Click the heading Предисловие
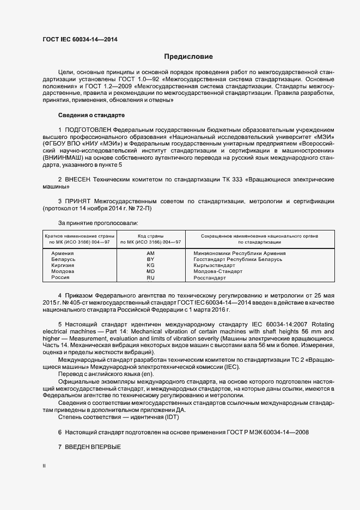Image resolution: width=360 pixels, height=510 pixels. click(188, 57)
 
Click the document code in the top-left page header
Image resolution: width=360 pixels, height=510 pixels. click(80, 40)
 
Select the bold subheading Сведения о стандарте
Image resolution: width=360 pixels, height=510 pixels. click(91, 116)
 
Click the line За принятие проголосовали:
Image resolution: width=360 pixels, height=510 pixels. click(98, 223)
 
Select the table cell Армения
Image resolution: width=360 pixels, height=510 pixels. click(62, 253)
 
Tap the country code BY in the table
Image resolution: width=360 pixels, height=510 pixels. click(151, 259)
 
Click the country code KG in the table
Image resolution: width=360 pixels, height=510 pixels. click(151, 265)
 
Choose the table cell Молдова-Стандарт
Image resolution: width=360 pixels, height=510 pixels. click(218, 271)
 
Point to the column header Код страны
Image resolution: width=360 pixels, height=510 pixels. click(151, 236)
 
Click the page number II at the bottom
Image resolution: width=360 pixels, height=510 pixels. click(44, 466)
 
